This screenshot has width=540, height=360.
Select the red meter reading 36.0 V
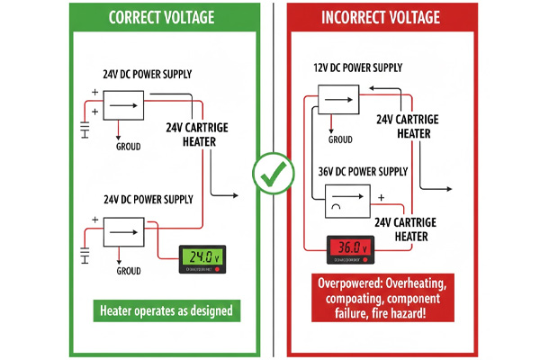point(349,247)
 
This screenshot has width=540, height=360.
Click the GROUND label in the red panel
point(340,139)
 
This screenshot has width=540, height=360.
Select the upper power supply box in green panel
point(125,105)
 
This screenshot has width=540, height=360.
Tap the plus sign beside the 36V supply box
point(382,195)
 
